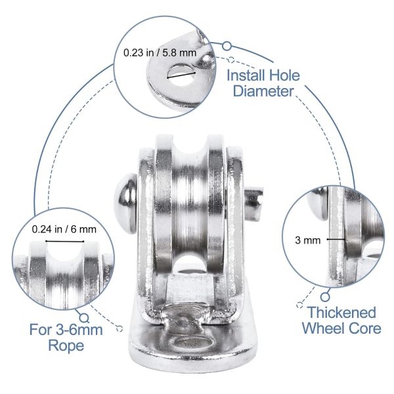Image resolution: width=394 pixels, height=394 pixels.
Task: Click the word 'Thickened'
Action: pos(341,312)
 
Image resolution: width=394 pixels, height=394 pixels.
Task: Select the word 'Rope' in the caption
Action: pos(66,345)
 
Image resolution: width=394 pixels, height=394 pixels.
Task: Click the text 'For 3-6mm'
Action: pos(66,329)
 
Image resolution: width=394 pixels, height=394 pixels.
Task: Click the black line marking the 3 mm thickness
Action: pos(336,240)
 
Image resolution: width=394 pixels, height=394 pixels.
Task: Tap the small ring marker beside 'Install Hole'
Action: pos(227,46)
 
